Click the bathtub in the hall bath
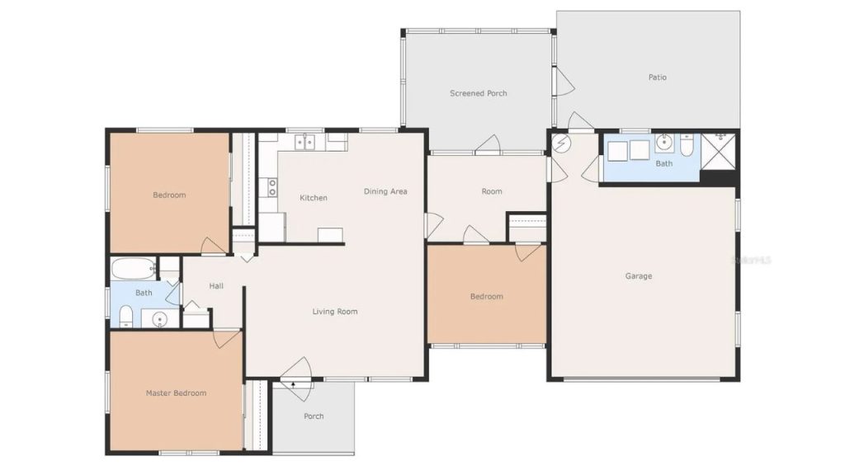pyautogui.click(x=133, y=268)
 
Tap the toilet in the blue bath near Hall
pyautogui.click(x=126, y=316)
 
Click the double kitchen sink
pyautogui.click(x=305, y=143)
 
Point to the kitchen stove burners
pyautogui.click(x=271, y=187)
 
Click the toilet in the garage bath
pyautogui.click(x=687, y=146)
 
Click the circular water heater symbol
pyautogui.click(x=561, y=143)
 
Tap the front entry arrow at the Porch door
pyautogui.click(x=293, y=383)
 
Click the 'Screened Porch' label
pyautogui.click(x=478, y=93)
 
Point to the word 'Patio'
pyautogui.click(x=657, y=78)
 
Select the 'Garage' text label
pyautogui.click(x=638, y=276)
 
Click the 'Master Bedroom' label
pyautogui.click(x=176, y=393)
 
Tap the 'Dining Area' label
pyautogui.click(x=385, y=191)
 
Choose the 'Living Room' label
pyautogui.click(x=334, y=312)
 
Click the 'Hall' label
pyautogui.click(x=216, y=286)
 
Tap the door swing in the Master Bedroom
pyautogui.click(x=226, y=338)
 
